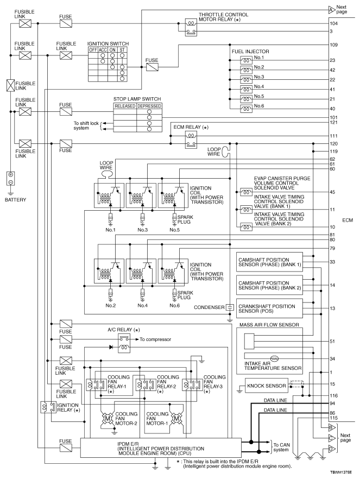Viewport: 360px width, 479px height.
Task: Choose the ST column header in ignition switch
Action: click(x=123, y=49)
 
